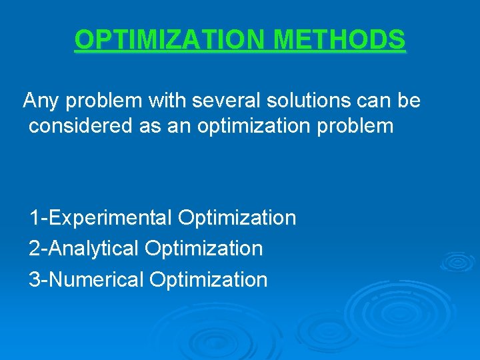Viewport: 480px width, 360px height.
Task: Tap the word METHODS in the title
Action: coord(339,40)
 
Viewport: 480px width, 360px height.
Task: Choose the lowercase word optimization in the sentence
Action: coord(253,125)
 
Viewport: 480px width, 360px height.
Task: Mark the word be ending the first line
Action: coord(409,101)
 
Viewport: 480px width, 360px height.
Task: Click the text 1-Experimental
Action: coord(101,218)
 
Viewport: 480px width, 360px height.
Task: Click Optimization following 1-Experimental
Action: coord(237,218)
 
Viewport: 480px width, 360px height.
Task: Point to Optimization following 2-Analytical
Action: coord(204,249)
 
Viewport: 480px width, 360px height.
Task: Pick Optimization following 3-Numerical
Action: coord(209,279)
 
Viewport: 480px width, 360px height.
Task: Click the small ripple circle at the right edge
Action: coord(459,262)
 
